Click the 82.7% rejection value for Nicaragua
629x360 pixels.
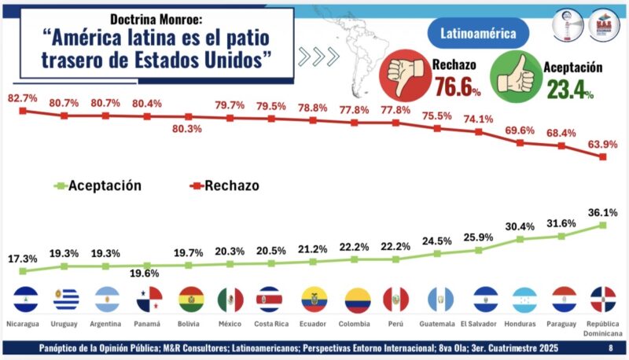23,97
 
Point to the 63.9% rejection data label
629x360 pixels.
603,144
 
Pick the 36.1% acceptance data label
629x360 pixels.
603,212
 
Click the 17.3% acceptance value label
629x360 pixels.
23,258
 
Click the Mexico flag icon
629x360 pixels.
230,299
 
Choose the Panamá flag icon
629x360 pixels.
147,299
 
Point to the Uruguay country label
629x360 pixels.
64,323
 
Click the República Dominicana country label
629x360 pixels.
603,327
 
